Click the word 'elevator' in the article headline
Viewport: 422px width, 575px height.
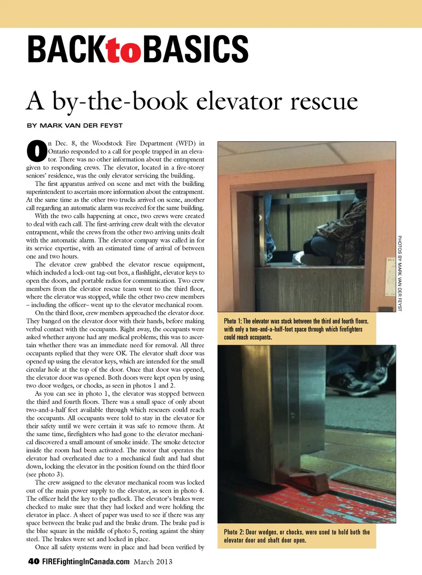click(239, 102)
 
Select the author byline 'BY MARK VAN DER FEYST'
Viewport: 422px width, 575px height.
click(75, 125)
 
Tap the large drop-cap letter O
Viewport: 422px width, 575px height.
click(36, 151)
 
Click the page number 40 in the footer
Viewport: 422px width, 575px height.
click(33, 561)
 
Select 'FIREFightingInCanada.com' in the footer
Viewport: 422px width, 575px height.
click(86, 562)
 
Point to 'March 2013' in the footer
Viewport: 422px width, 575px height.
click(153, 562)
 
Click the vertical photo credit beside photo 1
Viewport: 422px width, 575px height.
click(400, 273)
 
